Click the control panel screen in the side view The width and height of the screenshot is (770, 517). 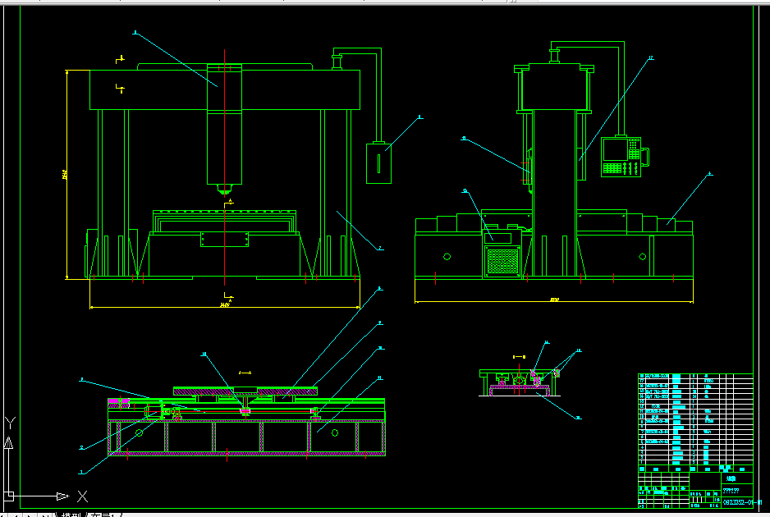[x=614, y=149]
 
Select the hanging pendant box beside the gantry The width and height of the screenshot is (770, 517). [x=378, y=162]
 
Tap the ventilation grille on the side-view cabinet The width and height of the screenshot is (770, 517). [x=503, y=261]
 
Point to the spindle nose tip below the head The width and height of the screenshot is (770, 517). [x=223, y=191]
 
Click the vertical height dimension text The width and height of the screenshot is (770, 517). [x=64, y=174]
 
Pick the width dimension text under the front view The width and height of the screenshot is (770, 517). [x=224, y=305]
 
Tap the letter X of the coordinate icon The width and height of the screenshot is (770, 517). [x=82, y=496]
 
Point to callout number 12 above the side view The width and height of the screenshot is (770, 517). [x=650, y=57]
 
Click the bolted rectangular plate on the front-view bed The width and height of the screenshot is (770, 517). [x=224, y=239]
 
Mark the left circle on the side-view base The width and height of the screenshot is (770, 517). [x=447, y=256]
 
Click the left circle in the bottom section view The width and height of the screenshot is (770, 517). [x=140, y=432]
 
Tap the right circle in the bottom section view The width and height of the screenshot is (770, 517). [x=334, y=432]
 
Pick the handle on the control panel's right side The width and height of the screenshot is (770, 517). [x=645, y=156]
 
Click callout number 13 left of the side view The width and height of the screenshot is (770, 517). [x=465, y=190]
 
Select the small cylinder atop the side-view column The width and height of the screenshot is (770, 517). [x=553, y=56]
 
